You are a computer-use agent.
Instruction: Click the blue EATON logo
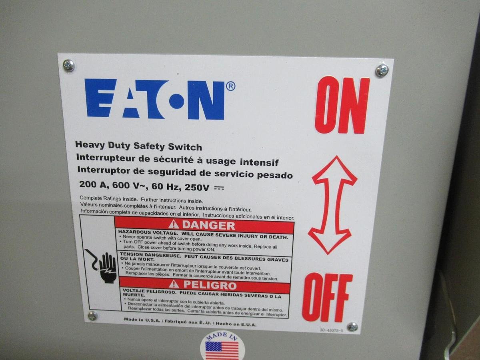[x=155, y=99]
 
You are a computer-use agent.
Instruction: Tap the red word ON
[x=342, y=105]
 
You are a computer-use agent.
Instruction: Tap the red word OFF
[x=327, y=297]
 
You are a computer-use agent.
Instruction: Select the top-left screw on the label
[x=69, y=65]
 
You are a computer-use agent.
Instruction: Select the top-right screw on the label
[x=382, y=70]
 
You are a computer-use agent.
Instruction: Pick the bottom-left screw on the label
[x=92, y=316]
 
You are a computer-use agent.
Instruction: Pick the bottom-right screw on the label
[x=352, y=326]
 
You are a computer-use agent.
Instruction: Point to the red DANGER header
[x=204, y=225]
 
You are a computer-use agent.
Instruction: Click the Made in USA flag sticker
[x=221, y=347]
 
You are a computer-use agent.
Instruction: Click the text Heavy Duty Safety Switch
[x=138, y=146]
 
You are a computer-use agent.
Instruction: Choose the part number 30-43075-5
[x=331, y=330]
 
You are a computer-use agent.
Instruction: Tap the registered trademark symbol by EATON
[x=231, y=86]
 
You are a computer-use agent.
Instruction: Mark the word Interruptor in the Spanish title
[x=100, y=170]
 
